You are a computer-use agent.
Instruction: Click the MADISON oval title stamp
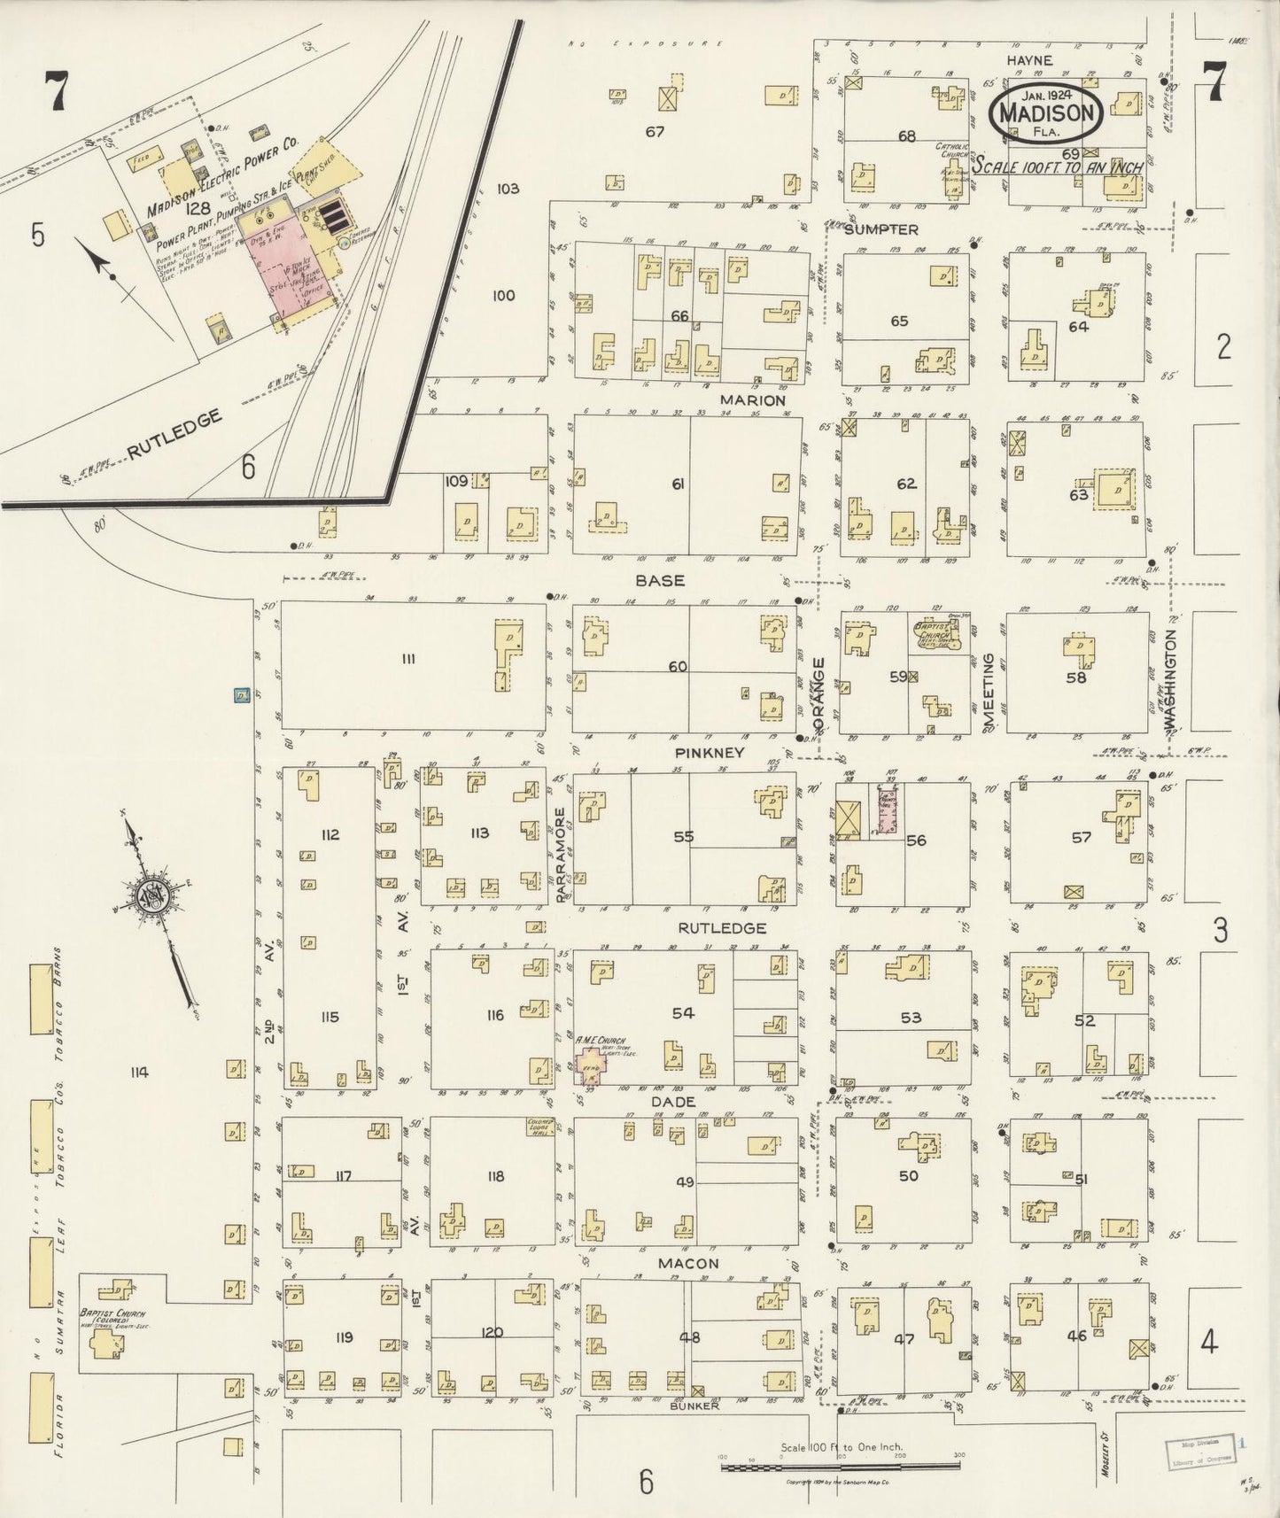(x=1046, y=112)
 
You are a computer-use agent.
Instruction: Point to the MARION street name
(x=753, y=400)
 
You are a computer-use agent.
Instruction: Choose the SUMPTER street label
(x=880, y=229)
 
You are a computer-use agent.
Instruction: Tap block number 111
(x=407, y=657)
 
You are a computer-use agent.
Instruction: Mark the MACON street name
(x=688, y=1263)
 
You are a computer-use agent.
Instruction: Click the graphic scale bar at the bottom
(x=842, y=1468)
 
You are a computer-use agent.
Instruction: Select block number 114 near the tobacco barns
(x=137, y=1073)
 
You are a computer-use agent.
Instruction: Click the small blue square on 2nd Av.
(x=239, y=695)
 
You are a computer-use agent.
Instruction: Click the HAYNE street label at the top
(x=1028, y=60)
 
